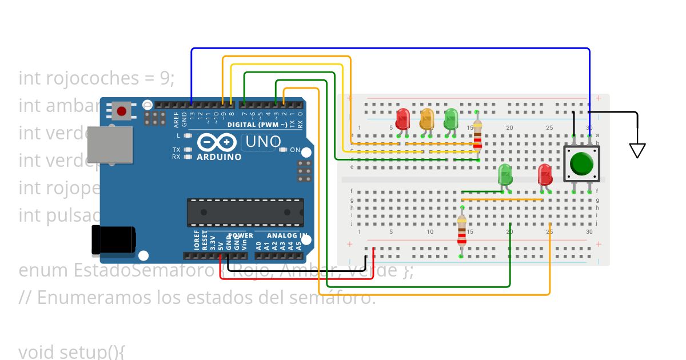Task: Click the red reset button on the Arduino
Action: [x=121, y=110]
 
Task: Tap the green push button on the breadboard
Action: [x=582, y=164]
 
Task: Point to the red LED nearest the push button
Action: [x=545, y=174]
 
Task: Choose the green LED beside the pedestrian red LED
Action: [x=505, y=174]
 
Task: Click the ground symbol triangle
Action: [x=637, y=150]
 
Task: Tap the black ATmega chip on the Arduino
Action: [x=245, y=213]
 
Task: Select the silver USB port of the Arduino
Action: [x=109, y=145]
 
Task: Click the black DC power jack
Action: [x=113, y=239]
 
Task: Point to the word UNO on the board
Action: [x=263, y=141]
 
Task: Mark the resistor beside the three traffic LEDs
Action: [x=477, y=137]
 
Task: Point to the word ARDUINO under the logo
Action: [x=219, y=157]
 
